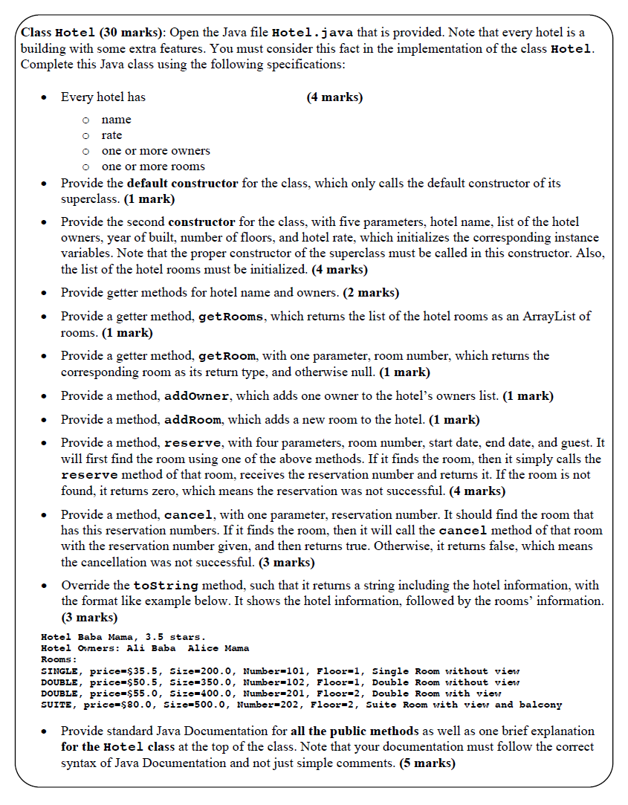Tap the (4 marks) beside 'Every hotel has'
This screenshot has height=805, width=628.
(334, 97)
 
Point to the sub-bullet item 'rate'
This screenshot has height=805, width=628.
(111, 135)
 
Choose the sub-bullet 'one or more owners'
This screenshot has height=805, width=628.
(155, 151)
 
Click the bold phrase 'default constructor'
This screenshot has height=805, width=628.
(183, 183)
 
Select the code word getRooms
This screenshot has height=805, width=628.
(231, 317)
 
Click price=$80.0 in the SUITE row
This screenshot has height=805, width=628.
(117, 704)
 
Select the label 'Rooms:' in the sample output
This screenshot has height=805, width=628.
(59, 659)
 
